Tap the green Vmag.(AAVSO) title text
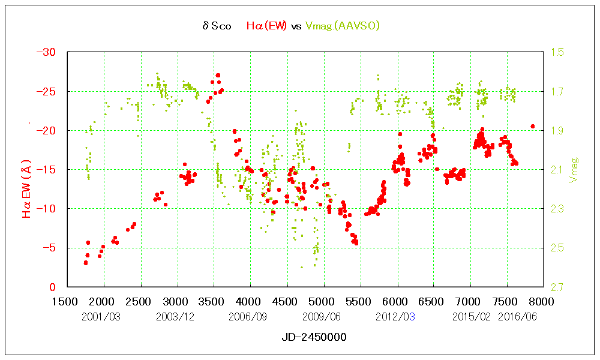[x=343, y=26]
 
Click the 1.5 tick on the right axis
[x=557, y=52]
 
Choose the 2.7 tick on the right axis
[x=557, y=287]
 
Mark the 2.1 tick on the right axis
[x=557, y=170]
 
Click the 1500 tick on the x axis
[x=68, y=300]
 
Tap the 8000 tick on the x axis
[x=544, y=300]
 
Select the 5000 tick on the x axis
[x=324, y=300]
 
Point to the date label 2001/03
[x=101, y=316]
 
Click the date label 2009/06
[x=322, y=316]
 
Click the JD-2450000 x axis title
[x=314, y=337]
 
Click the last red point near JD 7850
[x=532, y=126]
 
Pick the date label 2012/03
[x=395, y=316]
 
